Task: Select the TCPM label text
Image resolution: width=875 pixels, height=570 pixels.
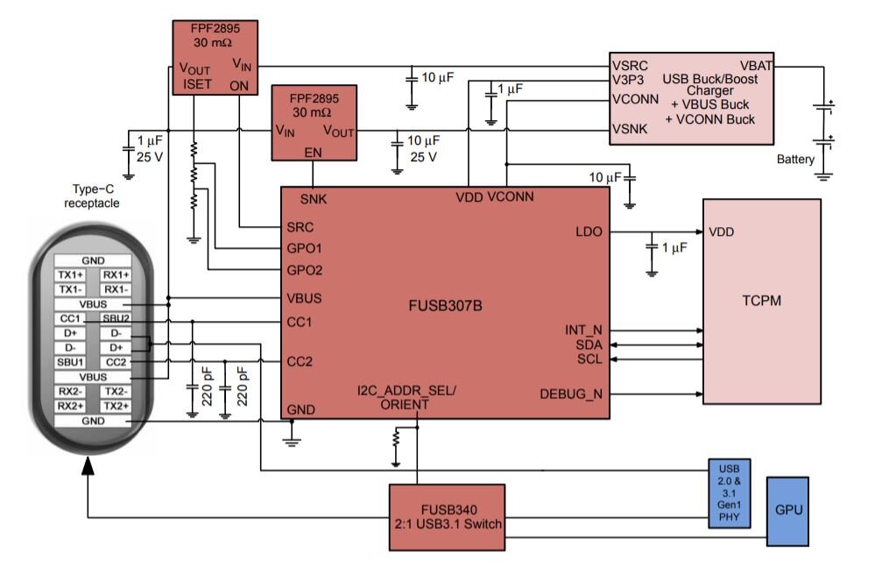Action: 760,300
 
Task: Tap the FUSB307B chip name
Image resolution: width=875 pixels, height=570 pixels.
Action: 445,308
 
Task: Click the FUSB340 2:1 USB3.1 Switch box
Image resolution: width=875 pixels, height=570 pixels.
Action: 447,517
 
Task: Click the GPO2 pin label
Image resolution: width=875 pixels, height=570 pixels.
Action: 305,270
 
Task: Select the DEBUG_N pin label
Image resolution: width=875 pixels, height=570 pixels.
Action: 572,393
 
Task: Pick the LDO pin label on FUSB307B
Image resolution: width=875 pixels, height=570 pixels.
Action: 589,232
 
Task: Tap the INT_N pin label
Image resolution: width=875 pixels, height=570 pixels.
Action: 583,331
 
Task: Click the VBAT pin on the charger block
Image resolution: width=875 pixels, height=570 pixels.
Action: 756,65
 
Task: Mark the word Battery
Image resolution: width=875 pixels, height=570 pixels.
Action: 795,160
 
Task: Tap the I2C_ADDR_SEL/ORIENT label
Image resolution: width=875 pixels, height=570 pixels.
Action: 406,396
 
